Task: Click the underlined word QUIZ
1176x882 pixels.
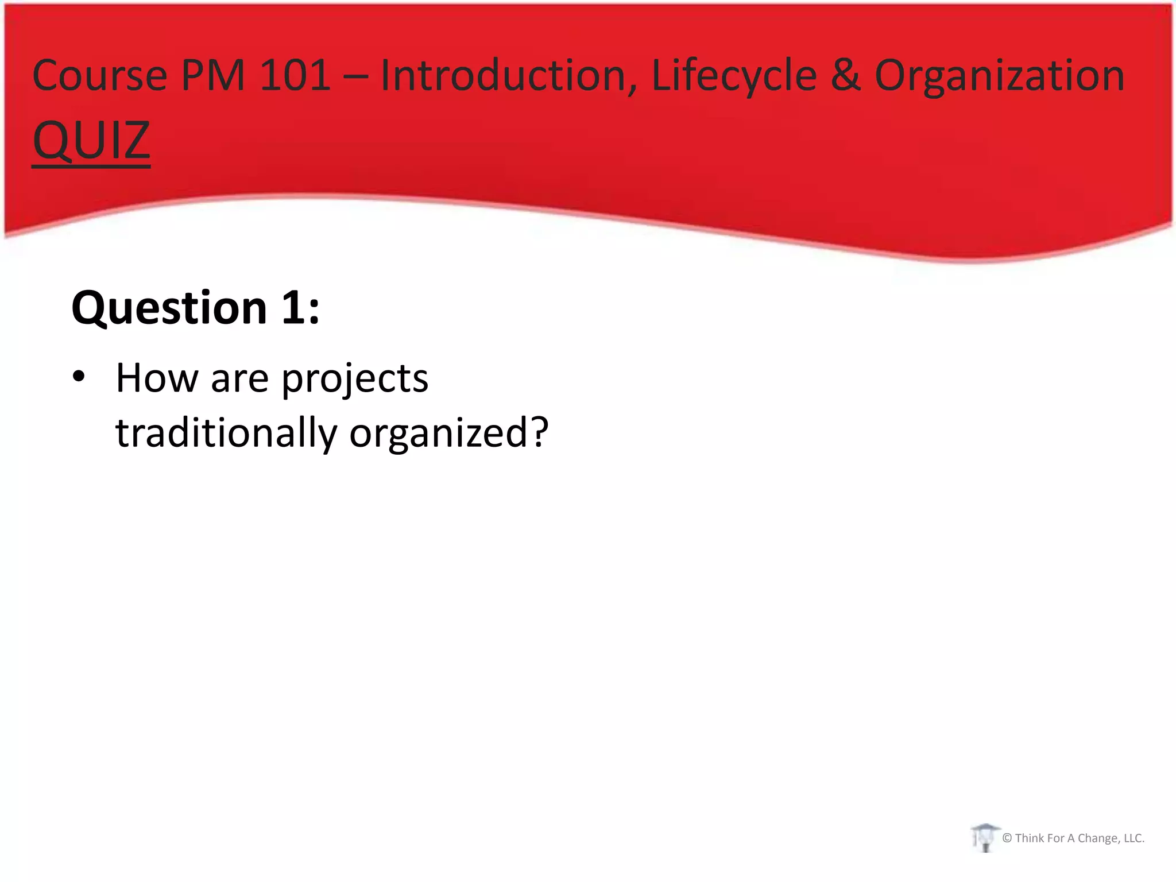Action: coord(91,140)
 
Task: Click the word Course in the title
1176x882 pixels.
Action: coord(99,75)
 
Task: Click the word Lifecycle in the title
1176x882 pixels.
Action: coord(734,75)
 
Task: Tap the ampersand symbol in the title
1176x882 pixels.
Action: coord(845,75)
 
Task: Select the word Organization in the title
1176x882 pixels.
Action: coord(999,75)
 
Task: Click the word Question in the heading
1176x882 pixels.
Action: coord(169,308)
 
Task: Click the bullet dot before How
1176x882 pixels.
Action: coord(79,377)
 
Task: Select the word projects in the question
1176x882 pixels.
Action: coord(355,379)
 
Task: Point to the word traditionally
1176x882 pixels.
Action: coord(226,433)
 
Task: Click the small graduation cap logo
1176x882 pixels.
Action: coord(985,837)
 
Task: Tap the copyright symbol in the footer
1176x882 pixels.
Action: coord(1007,838)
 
